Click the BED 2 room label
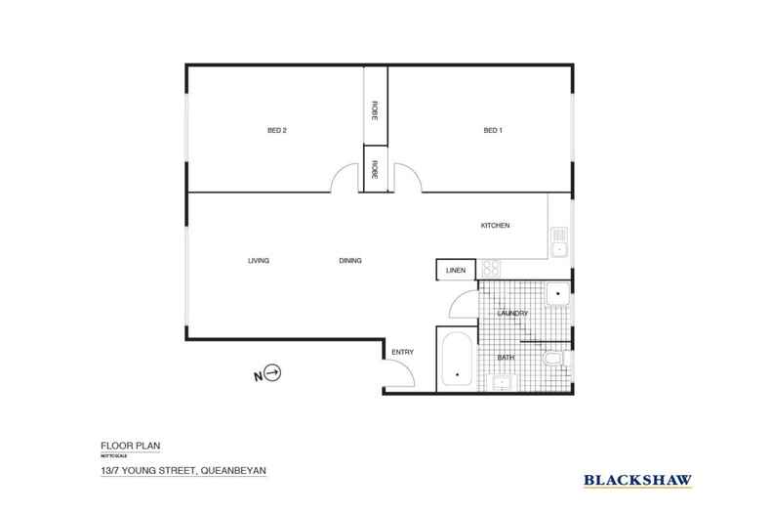point(276,131)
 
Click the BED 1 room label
point(493,131)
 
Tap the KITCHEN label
point(495,226)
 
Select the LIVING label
point(258,261)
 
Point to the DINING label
point(350,261)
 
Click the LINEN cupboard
point(456,270)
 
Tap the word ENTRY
point(402,352)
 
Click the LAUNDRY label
point(512,314)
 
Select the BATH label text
point(506,358)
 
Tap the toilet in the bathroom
point(554,361)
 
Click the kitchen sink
point(559,241)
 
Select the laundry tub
point(558,293)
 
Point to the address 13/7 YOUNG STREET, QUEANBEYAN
point(183,470)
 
